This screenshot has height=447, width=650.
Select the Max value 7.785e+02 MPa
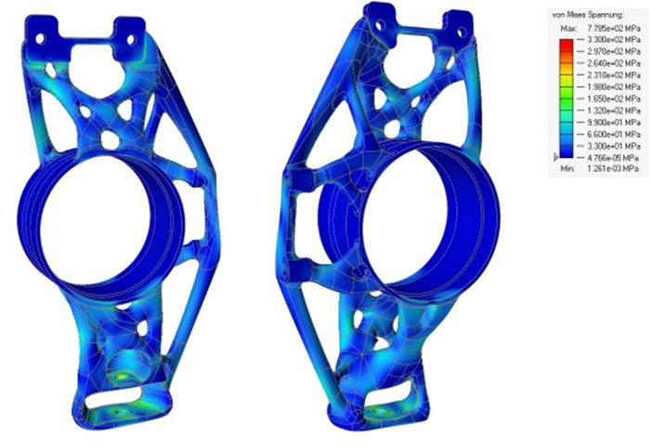coord(604,30)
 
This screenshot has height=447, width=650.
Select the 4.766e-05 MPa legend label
coord(605,158)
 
